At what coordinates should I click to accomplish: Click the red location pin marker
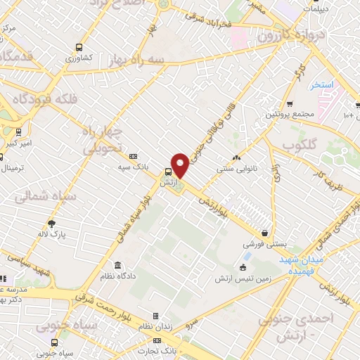[180, 165]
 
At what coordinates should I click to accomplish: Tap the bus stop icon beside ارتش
[168, 172]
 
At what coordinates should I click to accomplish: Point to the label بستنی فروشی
[263, 245]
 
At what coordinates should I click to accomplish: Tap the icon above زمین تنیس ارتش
[243, 267]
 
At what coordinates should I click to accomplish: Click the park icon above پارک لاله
[51, 224]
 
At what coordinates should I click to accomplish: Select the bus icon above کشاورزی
[79, 48]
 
